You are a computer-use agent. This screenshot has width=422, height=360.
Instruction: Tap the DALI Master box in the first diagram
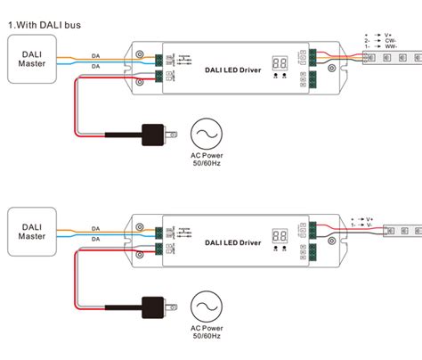click(32, 61)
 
